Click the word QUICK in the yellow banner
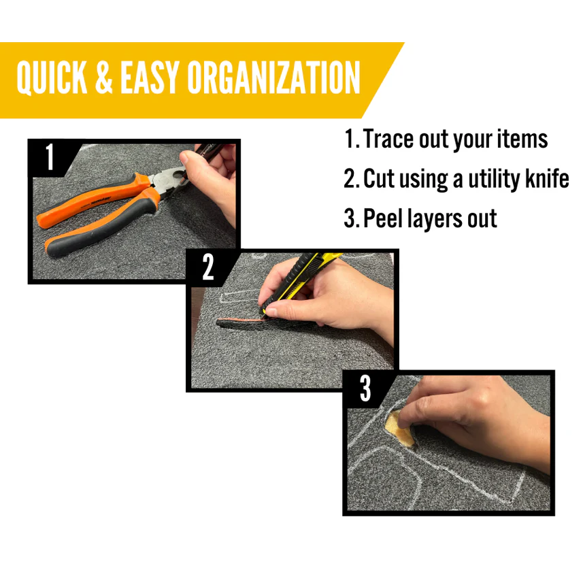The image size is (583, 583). [52, 78]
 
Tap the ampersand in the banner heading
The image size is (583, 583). [103, 78]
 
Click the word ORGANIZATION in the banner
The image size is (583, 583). [273, 78]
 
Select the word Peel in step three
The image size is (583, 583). [383, 218]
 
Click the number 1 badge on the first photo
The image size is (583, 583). [50, 156]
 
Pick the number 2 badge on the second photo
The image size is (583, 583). [208, 267]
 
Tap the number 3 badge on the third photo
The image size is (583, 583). [365, 388]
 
